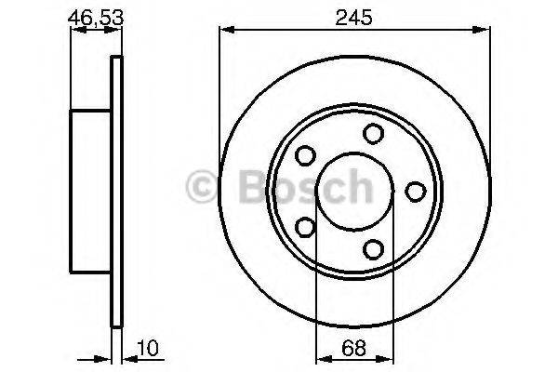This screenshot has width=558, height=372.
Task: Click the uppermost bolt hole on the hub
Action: (x=374, y=133)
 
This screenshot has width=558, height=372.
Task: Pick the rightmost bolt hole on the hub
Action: (x=415, y=190)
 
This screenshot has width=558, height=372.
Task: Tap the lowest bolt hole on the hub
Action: (x=374, y=247)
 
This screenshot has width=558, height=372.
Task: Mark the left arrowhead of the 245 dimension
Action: (x=224, y=32)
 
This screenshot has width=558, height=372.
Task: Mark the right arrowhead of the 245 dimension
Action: (x=486, y=32)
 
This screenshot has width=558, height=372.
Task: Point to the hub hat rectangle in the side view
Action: (x=91, y=190)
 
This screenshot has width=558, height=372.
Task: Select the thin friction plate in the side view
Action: (x=116, y=190)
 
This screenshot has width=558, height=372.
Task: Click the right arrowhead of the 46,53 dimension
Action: (x=117, y=32)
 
